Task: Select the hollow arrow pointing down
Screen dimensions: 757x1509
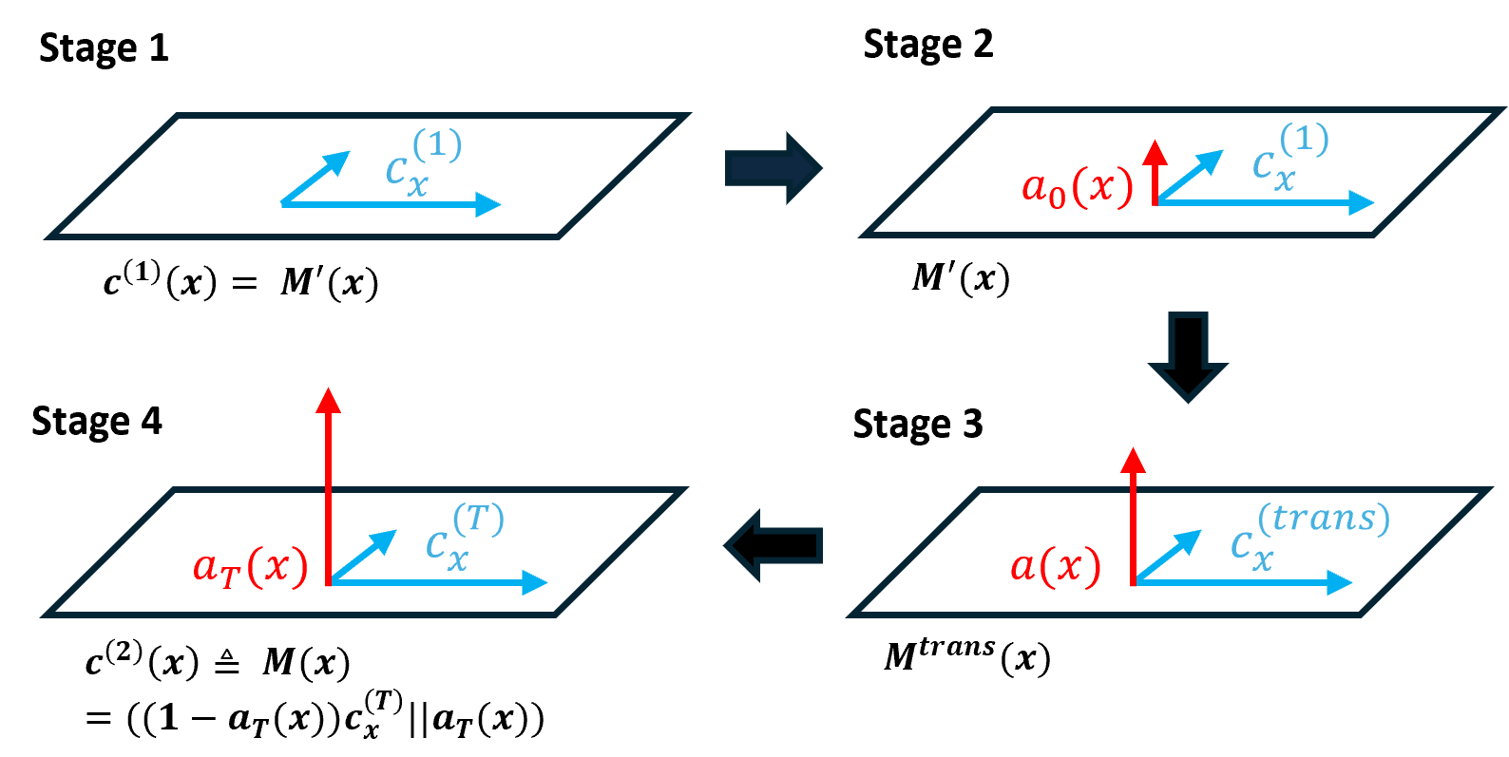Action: tap(1188, 355)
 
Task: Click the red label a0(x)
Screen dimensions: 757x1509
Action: tap(1077, 187)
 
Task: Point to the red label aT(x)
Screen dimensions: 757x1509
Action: tap(250, 567)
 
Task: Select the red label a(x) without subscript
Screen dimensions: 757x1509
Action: tap(1055, 566)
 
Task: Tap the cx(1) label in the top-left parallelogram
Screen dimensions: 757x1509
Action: tap(422, 161)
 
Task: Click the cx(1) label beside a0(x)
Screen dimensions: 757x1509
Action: tap(1289, 157)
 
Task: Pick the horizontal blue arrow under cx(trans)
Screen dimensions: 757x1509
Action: tap(1245, 582)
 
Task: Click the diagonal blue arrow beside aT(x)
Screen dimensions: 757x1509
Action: tap(364, 556)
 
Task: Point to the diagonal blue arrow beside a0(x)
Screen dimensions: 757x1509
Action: tap(1191, 176)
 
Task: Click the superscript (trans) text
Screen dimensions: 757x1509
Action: tap(1324, 519)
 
